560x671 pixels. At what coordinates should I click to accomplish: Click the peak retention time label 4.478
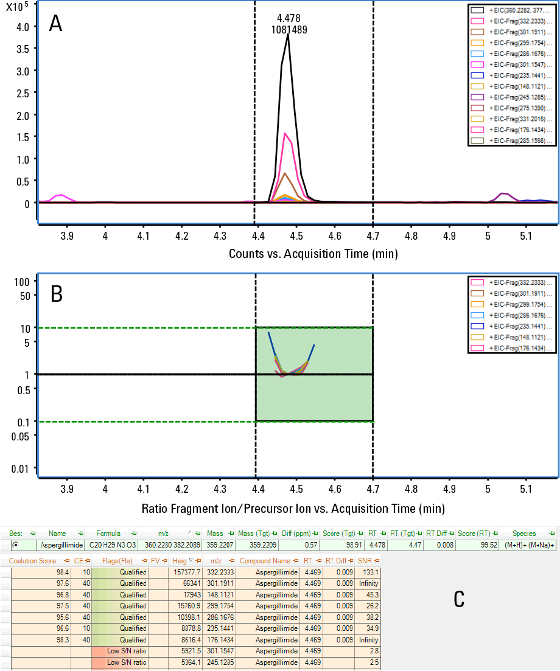[x=289, y=18]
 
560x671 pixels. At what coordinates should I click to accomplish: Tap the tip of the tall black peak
[x=288, y=35]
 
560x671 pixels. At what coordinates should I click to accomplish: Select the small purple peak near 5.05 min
[x=503, y=194]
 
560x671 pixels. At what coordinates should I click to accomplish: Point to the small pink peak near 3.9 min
[x=60, y=195]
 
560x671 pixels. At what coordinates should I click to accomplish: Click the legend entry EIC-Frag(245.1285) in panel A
[x=521, y=97]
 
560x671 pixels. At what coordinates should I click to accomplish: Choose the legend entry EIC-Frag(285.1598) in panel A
[x=521, y=141]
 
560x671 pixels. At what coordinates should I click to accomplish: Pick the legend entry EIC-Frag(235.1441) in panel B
[x=521, y=326]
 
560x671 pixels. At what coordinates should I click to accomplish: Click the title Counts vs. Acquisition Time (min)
[x=313, y=253]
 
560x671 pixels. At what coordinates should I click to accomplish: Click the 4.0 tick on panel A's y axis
[x=23, y=27]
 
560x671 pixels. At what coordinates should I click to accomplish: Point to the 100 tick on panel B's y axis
[x=22, y=282]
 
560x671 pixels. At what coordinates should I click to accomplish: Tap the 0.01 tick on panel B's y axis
[x=19, y=468]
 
